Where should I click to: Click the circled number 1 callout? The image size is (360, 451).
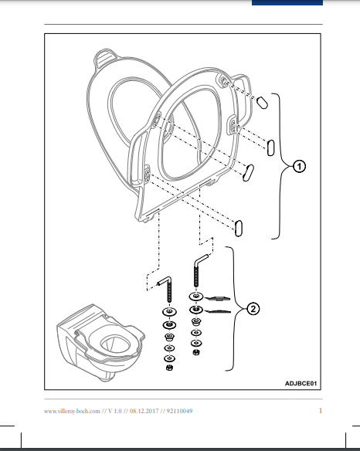(x=299, y=167)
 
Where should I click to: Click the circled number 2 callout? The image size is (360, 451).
(x=253, y=309)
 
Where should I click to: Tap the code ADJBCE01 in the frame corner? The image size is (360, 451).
(x=301, y=383)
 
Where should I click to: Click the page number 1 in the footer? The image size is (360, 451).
(x=321, y=410)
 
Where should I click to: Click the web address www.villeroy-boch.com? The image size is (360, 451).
(x=72, y=412)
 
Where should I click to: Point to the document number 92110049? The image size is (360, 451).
(x=179, y=411)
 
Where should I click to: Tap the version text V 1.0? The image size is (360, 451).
(x=115, y=411)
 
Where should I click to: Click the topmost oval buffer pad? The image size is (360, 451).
(x=262, y=103)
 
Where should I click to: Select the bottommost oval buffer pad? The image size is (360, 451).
(x=239, y=229)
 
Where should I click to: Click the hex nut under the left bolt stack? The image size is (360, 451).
(x=169, y=368)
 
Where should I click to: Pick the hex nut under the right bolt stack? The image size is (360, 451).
(x=196, y=352)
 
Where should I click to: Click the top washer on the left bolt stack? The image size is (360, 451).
(x=170, y=311)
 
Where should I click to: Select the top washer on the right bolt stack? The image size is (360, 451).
(x=196, y=297)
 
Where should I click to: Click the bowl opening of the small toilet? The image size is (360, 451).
(x=112, y=344)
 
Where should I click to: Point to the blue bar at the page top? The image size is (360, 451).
(x=287, y=2)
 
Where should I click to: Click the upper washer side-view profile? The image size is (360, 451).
(x=219, y=299)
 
